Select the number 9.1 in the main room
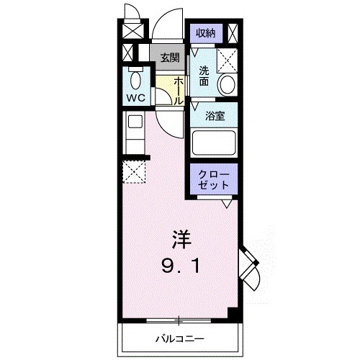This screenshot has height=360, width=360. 181,266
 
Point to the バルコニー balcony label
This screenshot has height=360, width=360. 180,338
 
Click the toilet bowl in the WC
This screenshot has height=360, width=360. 135,78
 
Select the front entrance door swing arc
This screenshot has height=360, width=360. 169,27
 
